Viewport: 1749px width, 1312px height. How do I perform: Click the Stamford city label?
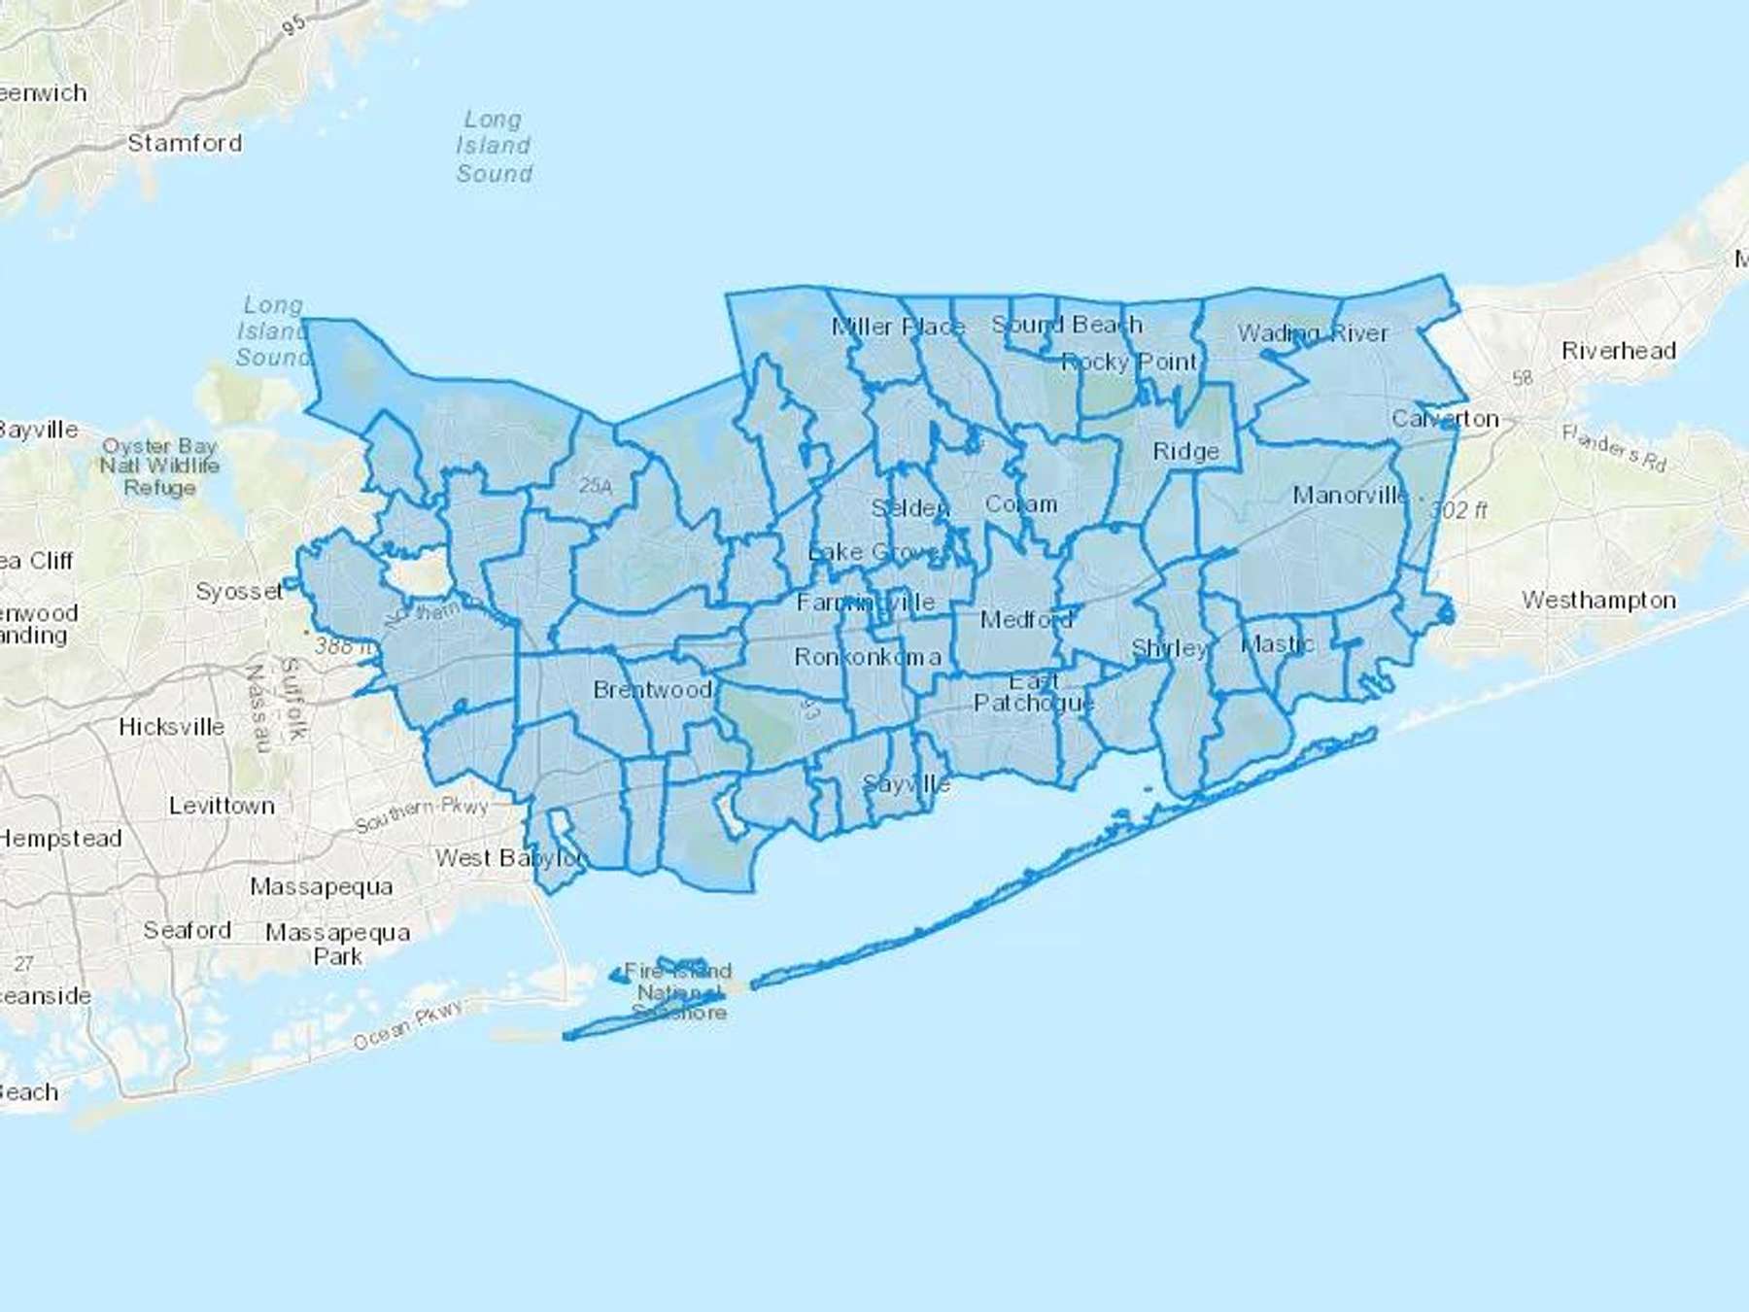click(x=185, y=143)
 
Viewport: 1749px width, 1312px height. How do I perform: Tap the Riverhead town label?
click(x=1619, y=351)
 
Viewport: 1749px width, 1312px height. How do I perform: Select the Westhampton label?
click(x=1598, y=601)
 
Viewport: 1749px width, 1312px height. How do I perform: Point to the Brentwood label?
click(x=652, y=690)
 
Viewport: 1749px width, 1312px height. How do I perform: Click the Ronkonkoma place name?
click(x=867, y=657)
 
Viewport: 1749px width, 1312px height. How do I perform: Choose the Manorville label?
click(x=1350, y=496)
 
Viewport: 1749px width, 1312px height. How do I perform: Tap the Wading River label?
click(x=1313, y=333)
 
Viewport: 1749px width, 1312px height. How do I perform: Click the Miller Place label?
click(x=898, y=327)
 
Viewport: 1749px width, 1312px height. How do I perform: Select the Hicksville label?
click(x=171, y=727)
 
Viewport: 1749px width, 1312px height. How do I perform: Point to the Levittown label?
click(x=222, y=806)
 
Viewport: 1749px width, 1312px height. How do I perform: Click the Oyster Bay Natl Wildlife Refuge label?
click(x=159, y=466)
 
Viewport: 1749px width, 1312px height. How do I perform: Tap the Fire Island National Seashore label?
click(x=678, y=991)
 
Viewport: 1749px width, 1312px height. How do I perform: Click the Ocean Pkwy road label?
click(x=408, y=1026)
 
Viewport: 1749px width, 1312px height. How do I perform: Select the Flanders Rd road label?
click(x=1614, y=448)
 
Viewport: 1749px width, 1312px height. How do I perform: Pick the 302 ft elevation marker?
click(x=1458, y=510)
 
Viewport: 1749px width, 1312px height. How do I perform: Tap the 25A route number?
click(x=596, y=486)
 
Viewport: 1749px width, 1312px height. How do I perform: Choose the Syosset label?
click(x=239, y=591)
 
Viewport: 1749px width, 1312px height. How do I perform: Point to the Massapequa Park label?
click(x=337, y=945)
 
